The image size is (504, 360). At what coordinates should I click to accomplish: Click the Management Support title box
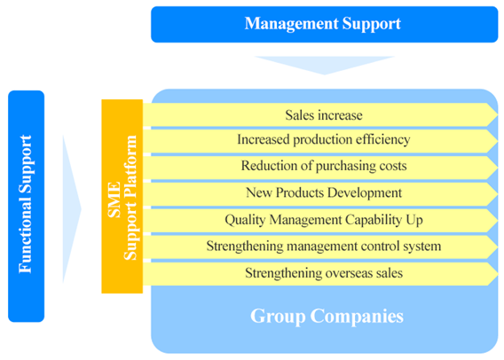[x=325, y=25]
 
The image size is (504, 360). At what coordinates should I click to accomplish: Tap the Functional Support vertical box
[x=26, y=207]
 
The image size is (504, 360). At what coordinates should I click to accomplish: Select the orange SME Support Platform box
[x=122, y=196]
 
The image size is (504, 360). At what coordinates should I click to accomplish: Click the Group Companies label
[x=327, y=316]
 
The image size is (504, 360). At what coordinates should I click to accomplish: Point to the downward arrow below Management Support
[x=325, y=64]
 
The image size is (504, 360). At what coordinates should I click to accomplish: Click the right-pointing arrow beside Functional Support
[x=71, y=209]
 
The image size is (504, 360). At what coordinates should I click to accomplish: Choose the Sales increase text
[x=324, y=115]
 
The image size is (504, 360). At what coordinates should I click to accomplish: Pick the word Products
[x=300, y=192]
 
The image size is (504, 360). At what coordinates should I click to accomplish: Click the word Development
[x=365, y=193]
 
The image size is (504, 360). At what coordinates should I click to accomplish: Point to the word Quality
[x=245, y=220]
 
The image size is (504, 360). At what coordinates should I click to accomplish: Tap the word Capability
[x=374, y=220]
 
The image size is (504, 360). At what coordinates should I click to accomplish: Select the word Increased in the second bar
[x=264, y=139]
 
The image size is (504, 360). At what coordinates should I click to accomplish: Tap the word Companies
[x=357, y=317]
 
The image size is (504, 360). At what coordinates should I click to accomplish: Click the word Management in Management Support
[x=292, y=24]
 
